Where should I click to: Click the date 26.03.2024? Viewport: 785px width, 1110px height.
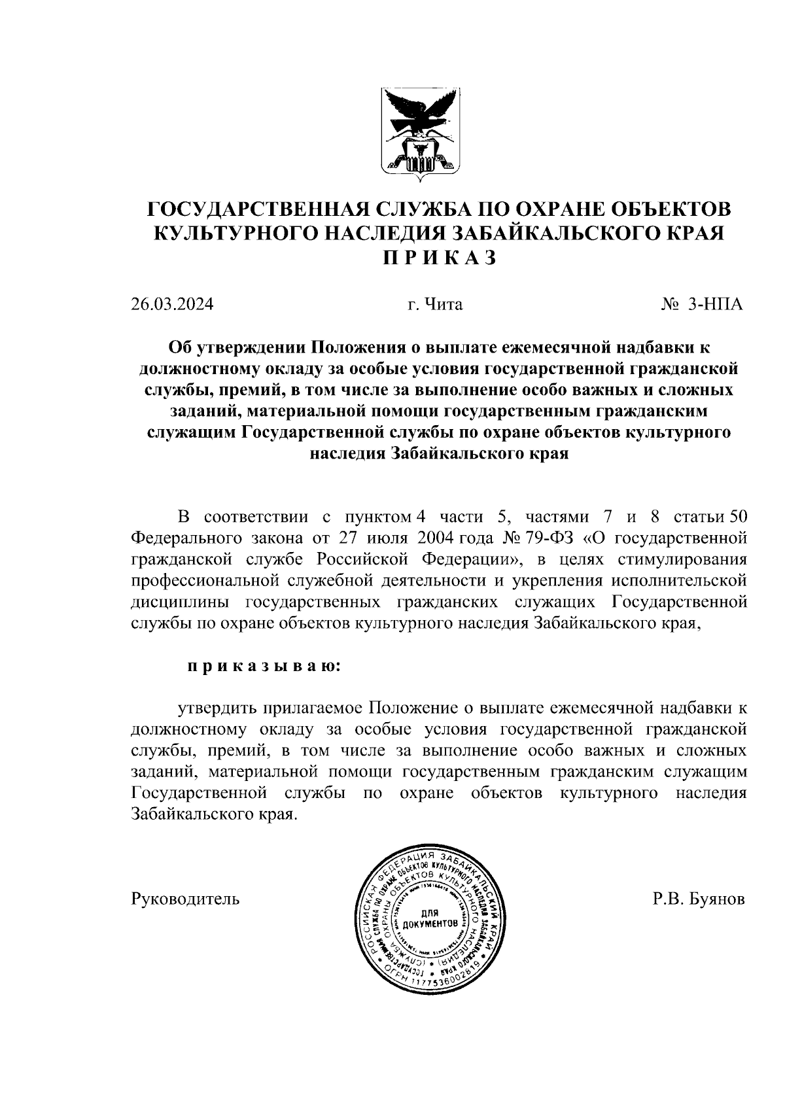(x=171, y=304)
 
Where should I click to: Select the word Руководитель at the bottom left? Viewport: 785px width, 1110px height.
(x=185, y=899)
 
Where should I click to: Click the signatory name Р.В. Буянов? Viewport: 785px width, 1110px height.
(x=699, y=899)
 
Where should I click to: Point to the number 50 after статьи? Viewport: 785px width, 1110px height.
(x=737, y=517)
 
